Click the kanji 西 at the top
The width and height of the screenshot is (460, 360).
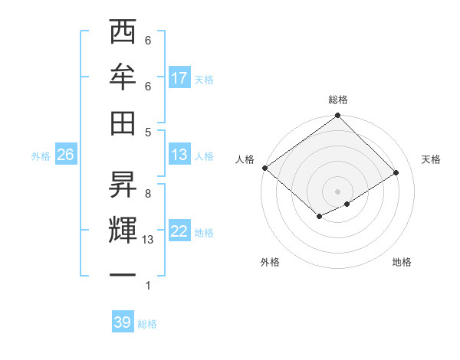point(123,33)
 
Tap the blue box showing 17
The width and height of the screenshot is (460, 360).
point(179,78)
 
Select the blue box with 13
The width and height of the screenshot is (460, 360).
point(179,155)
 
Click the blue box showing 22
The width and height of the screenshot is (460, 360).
point(179,231)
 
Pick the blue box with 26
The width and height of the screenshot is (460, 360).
point(65,155)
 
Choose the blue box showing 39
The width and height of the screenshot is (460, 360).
point(122,322)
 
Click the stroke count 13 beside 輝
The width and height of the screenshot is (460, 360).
point(149,240)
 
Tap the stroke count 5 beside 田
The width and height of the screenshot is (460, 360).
point(148,132)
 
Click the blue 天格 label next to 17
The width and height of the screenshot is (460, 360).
point(204,79)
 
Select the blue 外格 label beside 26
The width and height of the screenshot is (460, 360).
point(41,155)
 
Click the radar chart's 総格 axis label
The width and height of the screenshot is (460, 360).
point(338,100)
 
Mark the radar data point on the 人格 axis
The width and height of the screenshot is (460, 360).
point(264,168)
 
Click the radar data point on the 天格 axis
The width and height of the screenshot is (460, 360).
point(396,173)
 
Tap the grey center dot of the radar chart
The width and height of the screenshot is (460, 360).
point(337,190)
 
